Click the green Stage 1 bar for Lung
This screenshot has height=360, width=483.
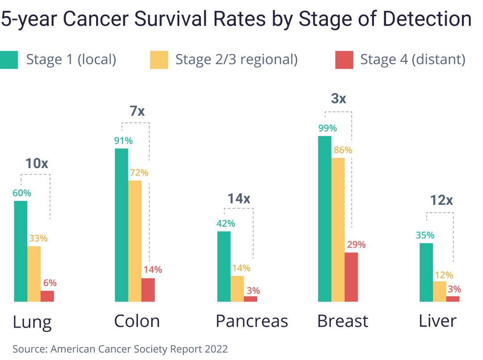[x=21, y=251]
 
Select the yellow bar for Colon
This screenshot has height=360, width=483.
[x=135, y=241]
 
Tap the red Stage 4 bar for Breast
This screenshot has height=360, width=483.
[x=352, y=277]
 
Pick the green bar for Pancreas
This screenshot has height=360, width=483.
[x=224, y=267]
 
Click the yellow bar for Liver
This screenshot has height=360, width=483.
[x=439, y=292]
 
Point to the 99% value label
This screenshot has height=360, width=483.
[x=327, y=128]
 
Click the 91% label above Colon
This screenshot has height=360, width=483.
[x=123, y=140]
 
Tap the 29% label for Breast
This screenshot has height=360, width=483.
[x=356, y=245]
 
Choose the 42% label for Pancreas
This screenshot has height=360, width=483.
[x=226, y=223]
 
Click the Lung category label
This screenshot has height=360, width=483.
[x=32, y=322]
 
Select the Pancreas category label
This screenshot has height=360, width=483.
[x=252, y=322]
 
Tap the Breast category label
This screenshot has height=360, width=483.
[x=343, y=322]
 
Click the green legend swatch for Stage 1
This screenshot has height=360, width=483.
[x=9, y=60]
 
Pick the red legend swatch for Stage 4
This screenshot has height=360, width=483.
[x=343, y=60]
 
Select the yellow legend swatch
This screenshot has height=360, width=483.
[x=159, y=60]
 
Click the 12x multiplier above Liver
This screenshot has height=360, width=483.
[x=441, y=200]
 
